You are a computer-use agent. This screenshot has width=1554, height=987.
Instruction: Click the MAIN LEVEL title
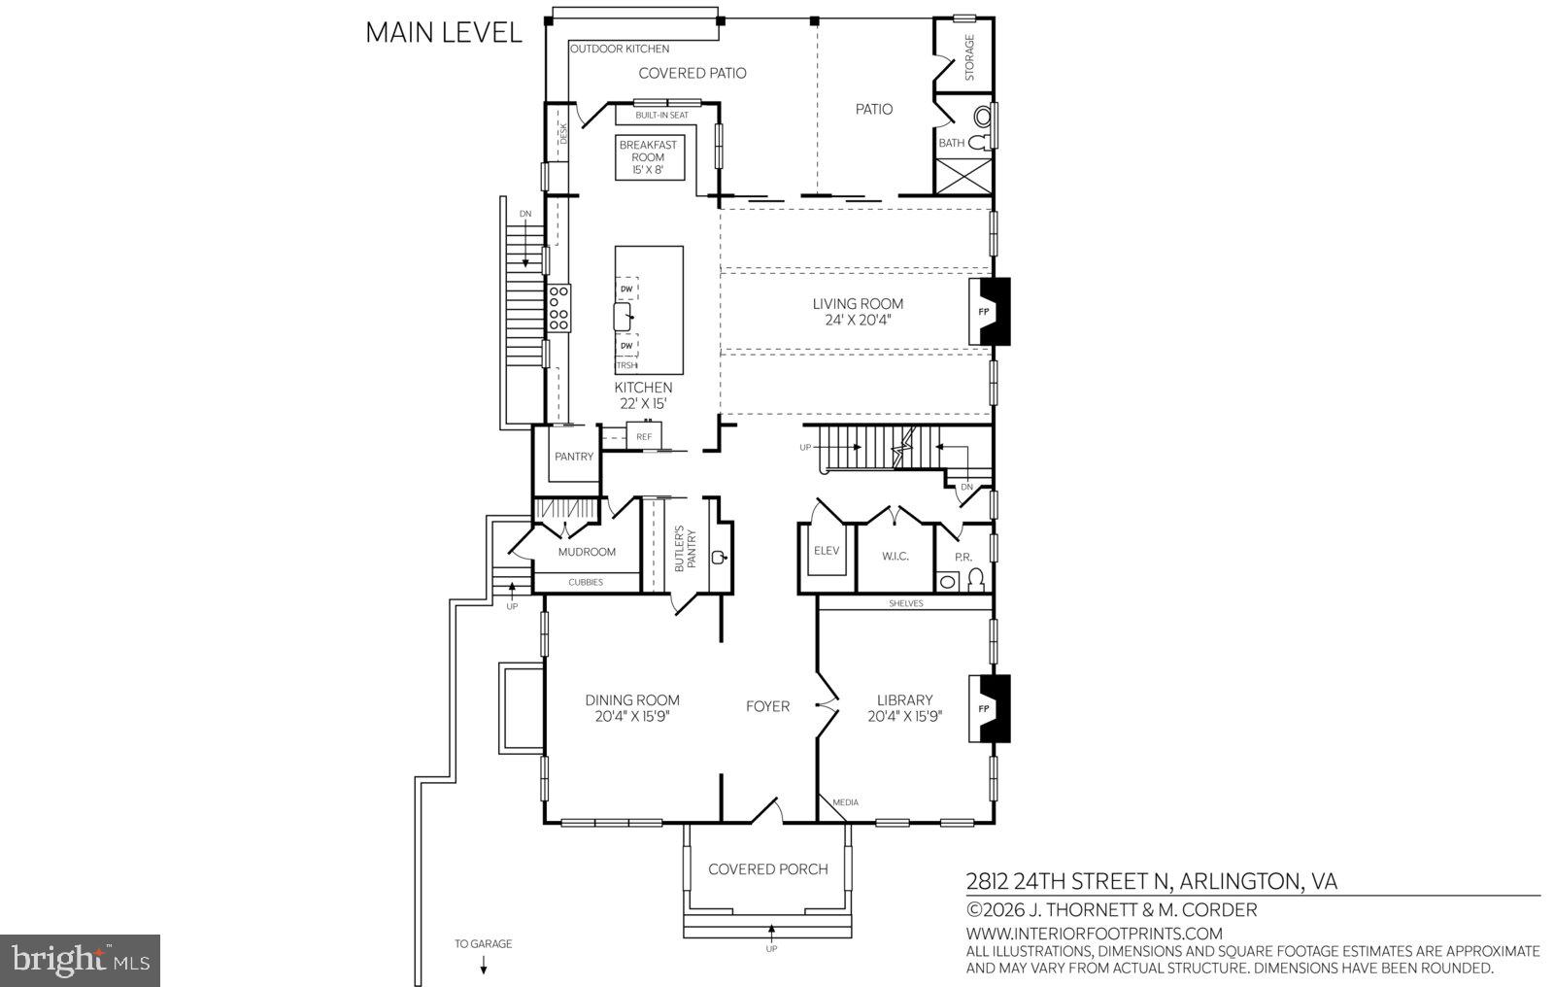click(x=443, y=32)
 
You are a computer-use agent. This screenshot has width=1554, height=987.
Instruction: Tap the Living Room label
click(x=858, y=304)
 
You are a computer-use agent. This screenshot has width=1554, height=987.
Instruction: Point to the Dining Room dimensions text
click(x=632, y=716)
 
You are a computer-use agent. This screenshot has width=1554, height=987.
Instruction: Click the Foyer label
click(x=767, y=706)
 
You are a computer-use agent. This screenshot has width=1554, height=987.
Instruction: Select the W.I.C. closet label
click(x=895, y=556)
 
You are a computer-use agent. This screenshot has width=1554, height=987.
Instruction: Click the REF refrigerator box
click(x=644, y=436)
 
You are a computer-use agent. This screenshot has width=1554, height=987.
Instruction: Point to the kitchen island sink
click(x=624, y=317)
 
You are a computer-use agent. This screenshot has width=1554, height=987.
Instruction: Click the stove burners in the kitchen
click(x=558, y=308)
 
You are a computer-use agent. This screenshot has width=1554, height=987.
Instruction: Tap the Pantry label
click(x=573, y=457)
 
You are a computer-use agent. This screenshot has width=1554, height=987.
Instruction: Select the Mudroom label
click(x=587, y=552)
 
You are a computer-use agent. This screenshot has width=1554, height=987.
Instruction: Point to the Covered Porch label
click(x=767, y=869)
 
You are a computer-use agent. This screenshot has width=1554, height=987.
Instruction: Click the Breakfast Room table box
click(x=648, y=157)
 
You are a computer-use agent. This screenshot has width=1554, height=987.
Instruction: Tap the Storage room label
click(x=968, y=58)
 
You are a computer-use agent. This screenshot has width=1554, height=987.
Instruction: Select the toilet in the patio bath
click(x=981, y=142)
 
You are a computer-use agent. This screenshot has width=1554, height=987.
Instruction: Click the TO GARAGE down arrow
click(x=483, y=965)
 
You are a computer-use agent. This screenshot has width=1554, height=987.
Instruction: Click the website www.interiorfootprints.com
click(x=1093, y=934)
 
